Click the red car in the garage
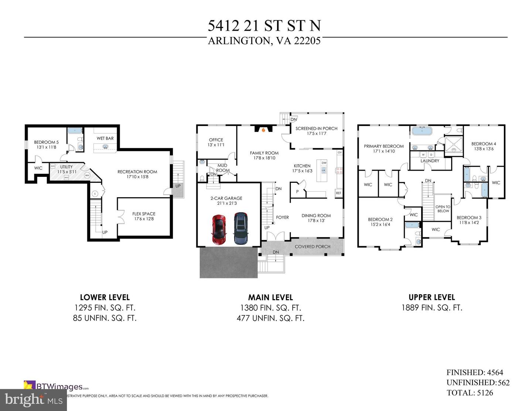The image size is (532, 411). [x=219, y=229]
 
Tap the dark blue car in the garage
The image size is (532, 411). [x=241, y=228]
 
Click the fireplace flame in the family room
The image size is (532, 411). [x=263, y=130]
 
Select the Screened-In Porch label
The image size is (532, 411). [x=316, y=129]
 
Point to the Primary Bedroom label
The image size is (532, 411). [x=384, y=146]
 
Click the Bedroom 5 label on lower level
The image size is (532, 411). [x=46, y=142]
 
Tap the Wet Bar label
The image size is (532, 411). [x=105, y=138]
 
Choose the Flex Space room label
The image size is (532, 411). [x=144, y=214]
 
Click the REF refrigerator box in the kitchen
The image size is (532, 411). [x=338, y=193]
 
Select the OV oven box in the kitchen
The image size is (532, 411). [x=340, y=153]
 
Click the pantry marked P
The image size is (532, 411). [x=297, y=192]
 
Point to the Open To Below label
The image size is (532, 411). [x=443, y=209]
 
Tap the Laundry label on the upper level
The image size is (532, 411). [x=430, y=161]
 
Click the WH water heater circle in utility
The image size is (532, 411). [x=87, y=175]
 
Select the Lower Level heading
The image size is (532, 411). [x=105, y=297]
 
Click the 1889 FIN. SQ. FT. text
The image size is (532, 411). [x=432, y=308]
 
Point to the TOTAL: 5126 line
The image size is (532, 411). [x=470, y=393]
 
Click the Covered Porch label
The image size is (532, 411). [x=313, y=247]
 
